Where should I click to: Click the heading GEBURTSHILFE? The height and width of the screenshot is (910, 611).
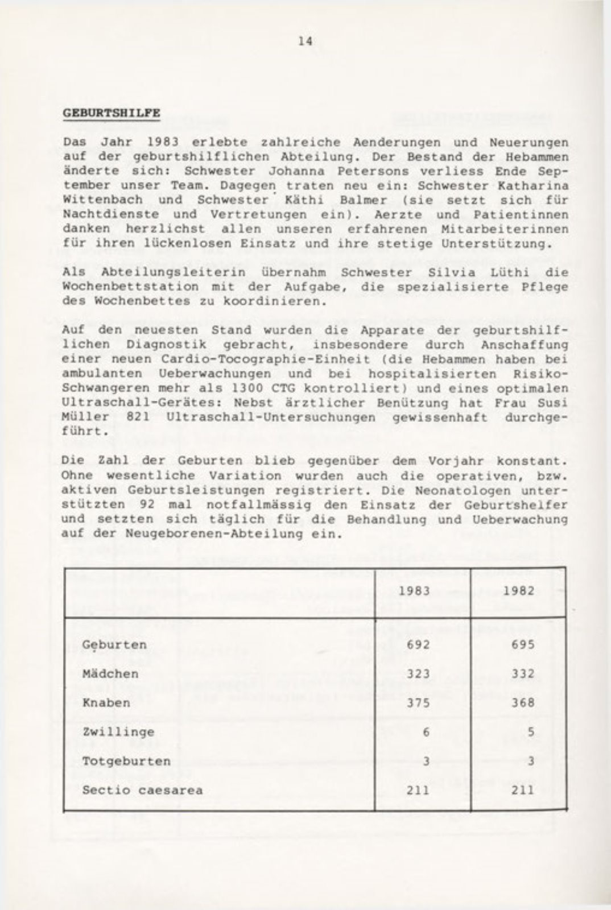111,113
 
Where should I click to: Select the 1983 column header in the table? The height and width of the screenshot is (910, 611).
414,590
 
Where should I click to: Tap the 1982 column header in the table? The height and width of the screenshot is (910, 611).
518,590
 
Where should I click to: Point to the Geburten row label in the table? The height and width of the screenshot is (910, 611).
114,645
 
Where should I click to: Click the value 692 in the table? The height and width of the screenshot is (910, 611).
418,645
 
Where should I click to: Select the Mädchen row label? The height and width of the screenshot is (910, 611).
110,674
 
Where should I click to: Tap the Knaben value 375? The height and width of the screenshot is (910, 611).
418,703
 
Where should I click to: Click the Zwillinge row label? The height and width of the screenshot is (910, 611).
118,732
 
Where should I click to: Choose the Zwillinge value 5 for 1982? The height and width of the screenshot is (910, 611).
530,732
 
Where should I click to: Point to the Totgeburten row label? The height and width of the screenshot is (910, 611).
126,761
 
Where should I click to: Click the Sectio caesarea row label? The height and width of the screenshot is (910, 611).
142,790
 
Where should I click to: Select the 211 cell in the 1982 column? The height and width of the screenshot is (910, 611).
523,790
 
